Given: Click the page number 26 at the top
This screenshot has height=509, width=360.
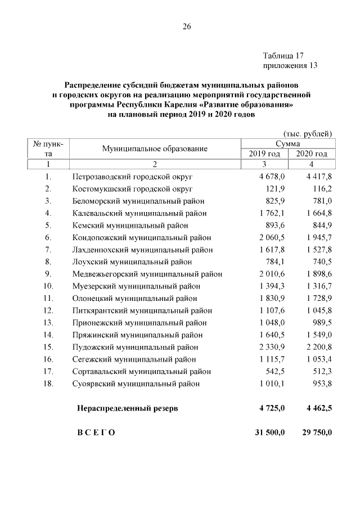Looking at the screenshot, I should pyautogui.click(x=186, y=26).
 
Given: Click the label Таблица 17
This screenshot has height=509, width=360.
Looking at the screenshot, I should pyautogui.click(x=283, y=56).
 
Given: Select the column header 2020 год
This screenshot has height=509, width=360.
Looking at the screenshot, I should pyautogui.click(x=311, y=154).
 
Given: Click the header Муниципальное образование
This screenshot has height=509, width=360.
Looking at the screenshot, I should pyautogui.click(x=155, y=149).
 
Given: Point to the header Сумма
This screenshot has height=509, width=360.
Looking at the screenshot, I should pyautogui.click(x=287, y=144).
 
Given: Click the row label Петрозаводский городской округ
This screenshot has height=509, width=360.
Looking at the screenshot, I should pyautogui.click(x=133, y=177).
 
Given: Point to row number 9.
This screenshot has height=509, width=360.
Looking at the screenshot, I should pyautogui.click(x=48, y=274).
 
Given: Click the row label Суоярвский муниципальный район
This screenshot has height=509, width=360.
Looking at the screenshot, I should pyautogui.click(x=137, y=384).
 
